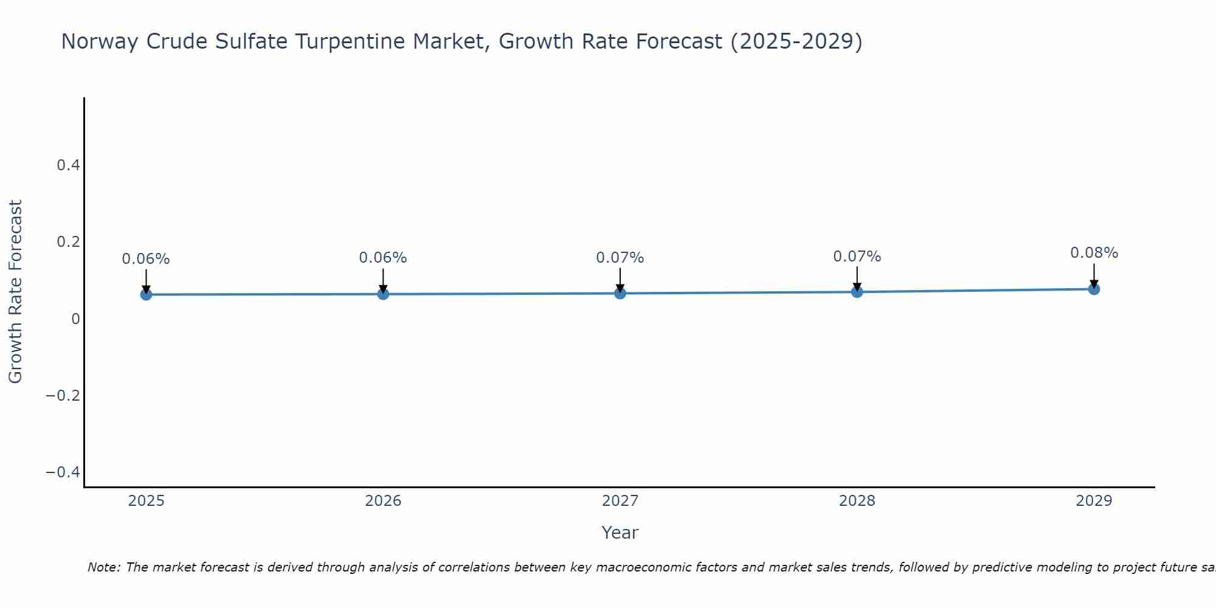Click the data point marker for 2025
[x=146, y=295]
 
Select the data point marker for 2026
[x=383, y=294]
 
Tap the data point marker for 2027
[x=620, y=294]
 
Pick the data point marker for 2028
[x=857, y=292]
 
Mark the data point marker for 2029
[x=1094, y=289]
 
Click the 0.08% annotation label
[x=1094, y=253]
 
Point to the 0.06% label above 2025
[x=146, y=259]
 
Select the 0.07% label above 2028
[x=857, y=257]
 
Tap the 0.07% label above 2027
[x=620, y=258]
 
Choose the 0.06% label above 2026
[x=383, y=258]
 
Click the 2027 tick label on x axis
[x=620, y=501]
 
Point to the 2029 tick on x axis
[x=1094, y=501]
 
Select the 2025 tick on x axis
[x=146, y=501]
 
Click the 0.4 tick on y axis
[x=68, y=165]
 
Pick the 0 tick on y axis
[x=75, y=319]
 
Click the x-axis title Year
[x=620, y=533]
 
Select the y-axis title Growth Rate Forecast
[x=15, y=292]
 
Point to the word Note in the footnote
[x=104, y=567]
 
